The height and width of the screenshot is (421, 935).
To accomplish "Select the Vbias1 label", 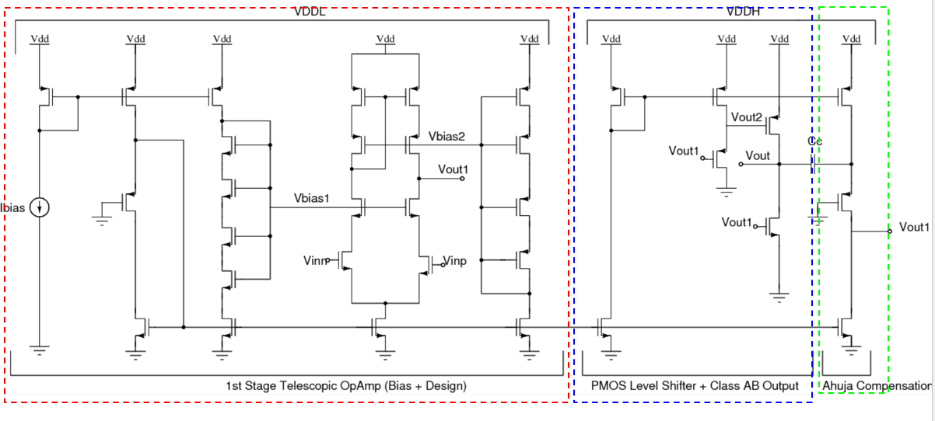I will [311, 198].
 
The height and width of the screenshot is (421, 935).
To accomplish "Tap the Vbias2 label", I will [446, 136].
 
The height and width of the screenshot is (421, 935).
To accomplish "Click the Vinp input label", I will [455, 261].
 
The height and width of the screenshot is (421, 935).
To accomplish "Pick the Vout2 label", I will [746, 117].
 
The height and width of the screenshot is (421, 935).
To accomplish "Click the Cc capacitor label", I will [814, 141].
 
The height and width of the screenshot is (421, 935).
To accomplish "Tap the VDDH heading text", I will [744, 12].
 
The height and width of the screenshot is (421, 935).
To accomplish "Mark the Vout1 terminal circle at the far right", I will [890, 231].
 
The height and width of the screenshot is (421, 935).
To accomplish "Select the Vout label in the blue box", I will [758, 156].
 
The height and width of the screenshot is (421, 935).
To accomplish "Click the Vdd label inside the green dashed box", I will [852, 38].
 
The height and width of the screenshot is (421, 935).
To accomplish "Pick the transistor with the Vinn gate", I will [346, 261].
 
